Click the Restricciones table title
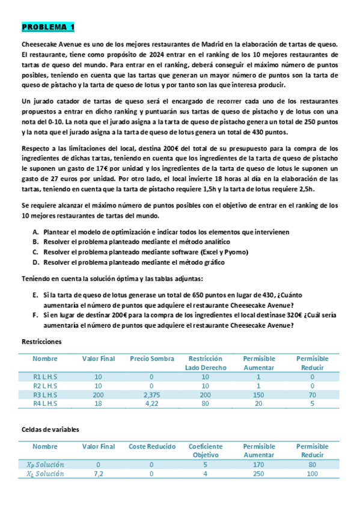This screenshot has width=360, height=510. (x=41, y=342)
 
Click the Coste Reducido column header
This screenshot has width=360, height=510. (x=151, y=447)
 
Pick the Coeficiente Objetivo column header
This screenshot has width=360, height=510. (x=206, y=451)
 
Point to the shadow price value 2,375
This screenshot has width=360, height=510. (x=151, y=396)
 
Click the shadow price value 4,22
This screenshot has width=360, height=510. (x=151, y=406)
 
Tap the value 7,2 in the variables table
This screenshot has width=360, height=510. (x=99, y=475)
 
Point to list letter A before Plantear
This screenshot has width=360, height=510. (x=35, y=232)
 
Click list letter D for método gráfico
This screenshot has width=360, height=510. (x=35, y=263)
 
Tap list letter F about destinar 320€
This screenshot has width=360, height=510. (x=35, y=315)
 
